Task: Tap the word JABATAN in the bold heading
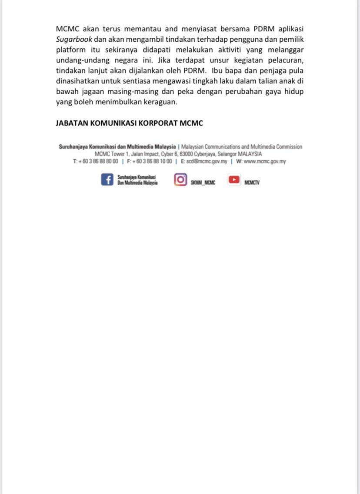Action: point(72,123)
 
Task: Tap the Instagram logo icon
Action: point(180,179)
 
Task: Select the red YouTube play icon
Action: point(234,179)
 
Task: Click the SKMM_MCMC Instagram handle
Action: point(203,183)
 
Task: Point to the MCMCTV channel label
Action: point(252,183)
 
